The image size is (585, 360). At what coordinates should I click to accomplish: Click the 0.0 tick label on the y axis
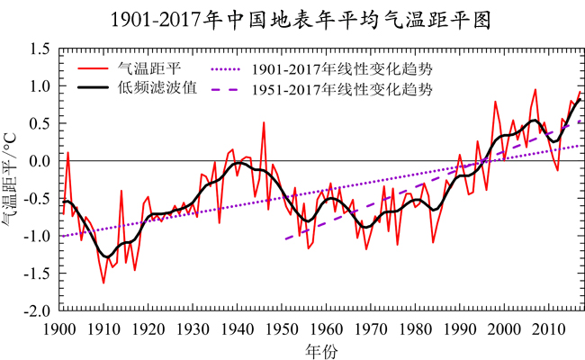(x=38, y=161)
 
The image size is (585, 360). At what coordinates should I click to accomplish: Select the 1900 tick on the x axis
(x=58, y=328)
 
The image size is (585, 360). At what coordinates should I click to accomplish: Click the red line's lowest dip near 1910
(x=103, y=283)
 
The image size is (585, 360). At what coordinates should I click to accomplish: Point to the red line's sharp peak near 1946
(x=264, y=122)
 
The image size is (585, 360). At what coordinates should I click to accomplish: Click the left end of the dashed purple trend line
(x=284, y=239)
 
